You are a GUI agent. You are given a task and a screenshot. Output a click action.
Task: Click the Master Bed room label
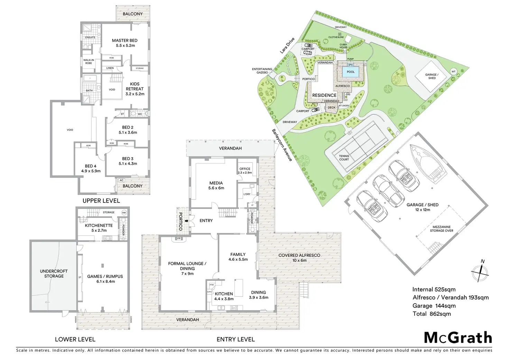tap(124, 40)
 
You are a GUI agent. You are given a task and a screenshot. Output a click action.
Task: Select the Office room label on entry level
tap(245, 169)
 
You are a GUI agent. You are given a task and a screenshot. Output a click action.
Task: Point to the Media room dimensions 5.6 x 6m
tap(216, 188)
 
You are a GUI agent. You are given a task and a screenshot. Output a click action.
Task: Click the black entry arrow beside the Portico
tap(187, 220)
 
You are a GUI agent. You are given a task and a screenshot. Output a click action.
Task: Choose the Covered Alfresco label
tap(299, 255)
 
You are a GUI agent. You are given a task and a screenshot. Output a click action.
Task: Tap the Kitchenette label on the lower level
tap(99, 225)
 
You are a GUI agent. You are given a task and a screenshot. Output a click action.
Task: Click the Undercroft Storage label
tap(54, 274)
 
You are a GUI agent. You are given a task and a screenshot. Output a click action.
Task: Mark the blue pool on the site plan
tap(351, 72)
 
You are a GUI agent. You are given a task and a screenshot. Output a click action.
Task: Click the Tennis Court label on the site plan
tap(344, 158)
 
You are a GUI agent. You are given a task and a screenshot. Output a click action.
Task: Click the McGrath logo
tap(458, 338)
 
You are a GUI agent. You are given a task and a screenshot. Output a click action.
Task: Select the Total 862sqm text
tap(432, 314)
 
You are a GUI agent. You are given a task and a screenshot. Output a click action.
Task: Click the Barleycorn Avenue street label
tap(282, 145)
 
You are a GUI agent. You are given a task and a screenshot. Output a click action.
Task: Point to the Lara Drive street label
tap(287, 45)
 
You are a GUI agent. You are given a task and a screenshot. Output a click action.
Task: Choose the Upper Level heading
tap(101, 201)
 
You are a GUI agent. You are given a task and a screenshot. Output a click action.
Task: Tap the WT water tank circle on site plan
tap(453, 72)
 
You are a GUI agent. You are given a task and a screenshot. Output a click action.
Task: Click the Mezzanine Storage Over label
tap(441, 229)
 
